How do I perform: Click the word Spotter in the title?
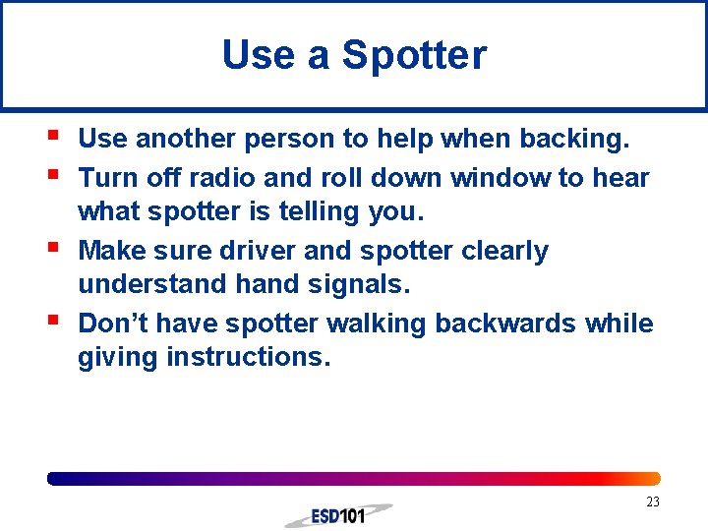[x=414, y=55]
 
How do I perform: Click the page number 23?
[x=653, y=502]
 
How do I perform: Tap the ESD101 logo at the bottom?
[x=338, y=515]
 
